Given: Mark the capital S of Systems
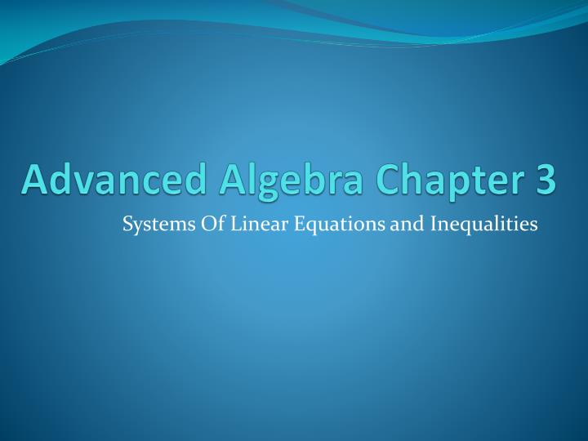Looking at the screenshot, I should click(127, 222).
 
